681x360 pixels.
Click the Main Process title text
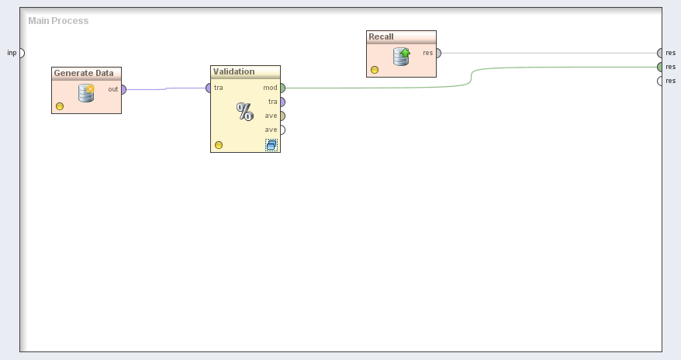58,21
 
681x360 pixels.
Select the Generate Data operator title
83,73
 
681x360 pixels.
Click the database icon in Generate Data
86,93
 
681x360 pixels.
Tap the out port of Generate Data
123,89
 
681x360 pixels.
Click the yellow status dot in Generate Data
60,106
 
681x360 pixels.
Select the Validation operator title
233,71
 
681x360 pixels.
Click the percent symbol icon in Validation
245,112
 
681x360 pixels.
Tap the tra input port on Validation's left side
209,88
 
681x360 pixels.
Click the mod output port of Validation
282,88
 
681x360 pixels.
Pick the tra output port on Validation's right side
282,102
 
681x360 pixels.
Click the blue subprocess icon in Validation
271,145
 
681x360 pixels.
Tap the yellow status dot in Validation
219,145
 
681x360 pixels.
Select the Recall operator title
381,36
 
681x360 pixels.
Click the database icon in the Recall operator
401,57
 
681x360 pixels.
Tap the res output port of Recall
437,53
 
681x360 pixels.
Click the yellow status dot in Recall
375,70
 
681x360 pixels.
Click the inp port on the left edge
21,53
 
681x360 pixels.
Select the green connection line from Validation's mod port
372,87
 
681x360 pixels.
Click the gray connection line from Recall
543,53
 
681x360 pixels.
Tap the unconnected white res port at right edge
660,81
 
